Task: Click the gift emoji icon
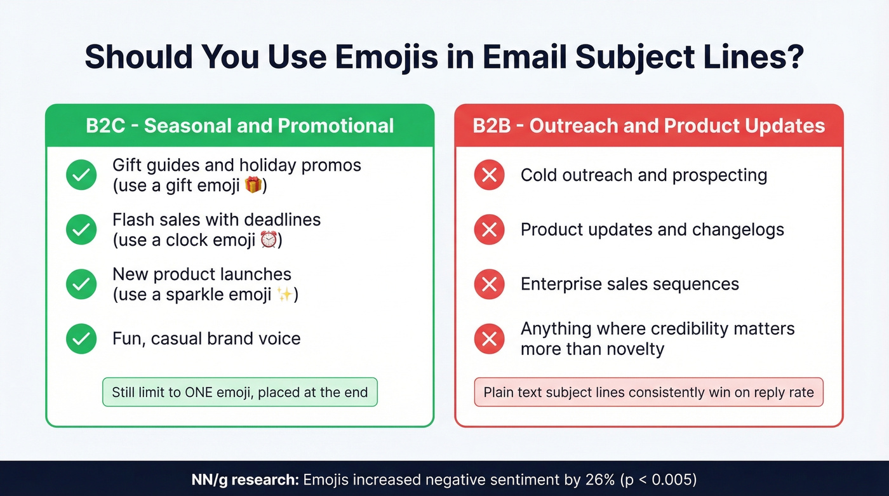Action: click(253, 186)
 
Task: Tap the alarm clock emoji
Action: click(269, 241)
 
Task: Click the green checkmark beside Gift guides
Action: click(81, 175)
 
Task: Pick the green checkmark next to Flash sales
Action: click(81, 230)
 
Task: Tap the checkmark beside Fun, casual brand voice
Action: click(81, 338)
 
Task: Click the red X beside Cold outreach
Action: click(489, 175)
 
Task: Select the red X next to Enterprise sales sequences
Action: click(489, 284)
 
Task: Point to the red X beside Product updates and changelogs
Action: click(489, 230)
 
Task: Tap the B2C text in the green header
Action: click(105, 125)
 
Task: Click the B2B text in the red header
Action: click(493, 125)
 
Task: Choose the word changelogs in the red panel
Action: click(738, 230)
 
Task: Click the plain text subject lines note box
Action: click(648, 392)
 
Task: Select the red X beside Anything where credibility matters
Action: click(489, 338)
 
